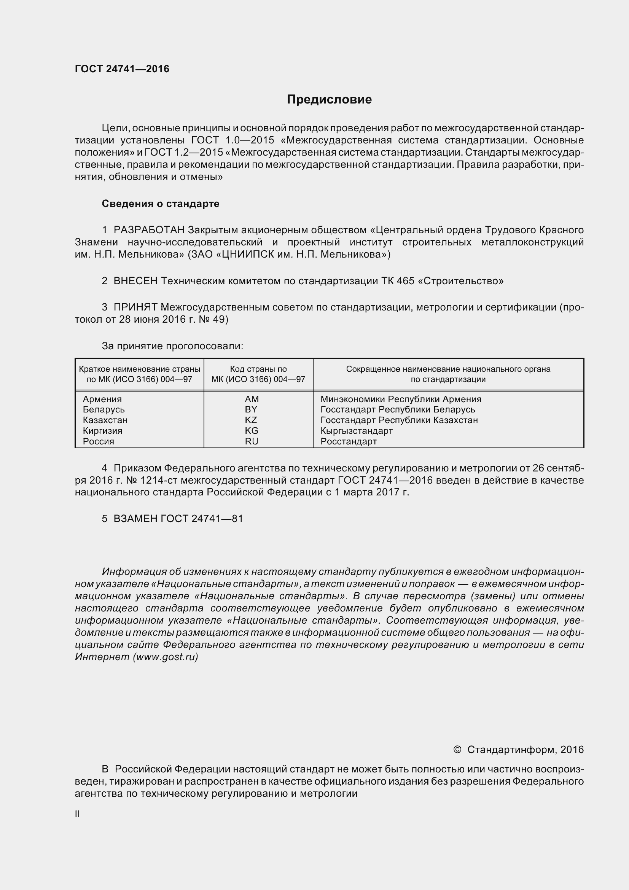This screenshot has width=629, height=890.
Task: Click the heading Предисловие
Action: [329, 100]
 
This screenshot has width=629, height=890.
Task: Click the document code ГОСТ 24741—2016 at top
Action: [122, 69]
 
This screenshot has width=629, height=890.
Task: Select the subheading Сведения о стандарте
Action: [161, 204]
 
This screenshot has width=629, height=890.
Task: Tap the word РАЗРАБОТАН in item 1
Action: [149, 230]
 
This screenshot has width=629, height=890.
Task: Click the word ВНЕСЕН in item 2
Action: [135, 281]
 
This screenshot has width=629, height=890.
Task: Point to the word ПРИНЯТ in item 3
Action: [135, 307]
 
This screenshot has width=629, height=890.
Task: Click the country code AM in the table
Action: [252, 399]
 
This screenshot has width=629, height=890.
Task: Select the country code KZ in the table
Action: [251, 420]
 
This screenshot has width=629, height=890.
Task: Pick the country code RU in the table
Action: [252, 441]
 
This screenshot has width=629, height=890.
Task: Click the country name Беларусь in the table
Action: [104, 409]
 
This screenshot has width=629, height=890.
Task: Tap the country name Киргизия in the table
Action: [102, 431]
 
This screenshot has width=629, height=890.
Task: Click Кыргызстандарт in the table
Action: [357, 431]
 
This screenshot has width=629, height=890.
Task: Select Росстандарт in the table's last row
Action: [349, 441]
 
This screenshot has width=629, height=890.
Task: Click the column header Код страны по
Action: [258, 369]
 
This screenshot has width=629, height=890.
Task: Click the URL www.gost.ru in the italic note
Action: [165, 657]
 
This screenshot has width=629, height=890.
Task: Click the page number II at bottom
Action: [78, 814]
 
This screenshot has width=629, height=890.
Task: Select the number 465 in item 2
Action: [405, 281]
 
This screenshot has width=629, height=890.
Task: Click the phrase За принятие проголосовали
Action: [172, 346]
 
